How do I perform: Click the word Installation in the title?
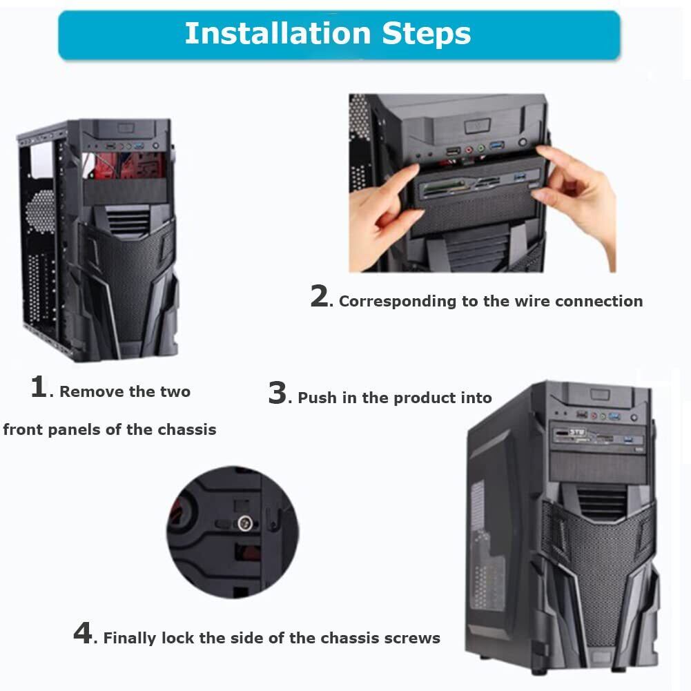coord(278,34)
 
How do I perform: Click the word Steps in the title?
coord(426,35)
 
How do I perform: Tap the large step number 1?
coord(39,387)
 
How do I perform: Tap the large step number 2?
coord(319,295)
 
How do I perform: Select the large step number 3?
coord(278,393)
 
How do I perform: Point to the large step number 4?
coord(83,632)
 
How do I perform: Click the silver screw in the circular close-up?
coord(244,523)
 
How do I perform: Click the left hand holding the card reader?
coord(383,216)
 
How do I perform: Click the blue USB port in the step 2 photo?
coord(496,146)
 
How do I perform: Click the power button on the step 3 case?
coord(634,417)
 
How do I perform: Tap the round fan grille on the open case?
coord(39,210)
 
